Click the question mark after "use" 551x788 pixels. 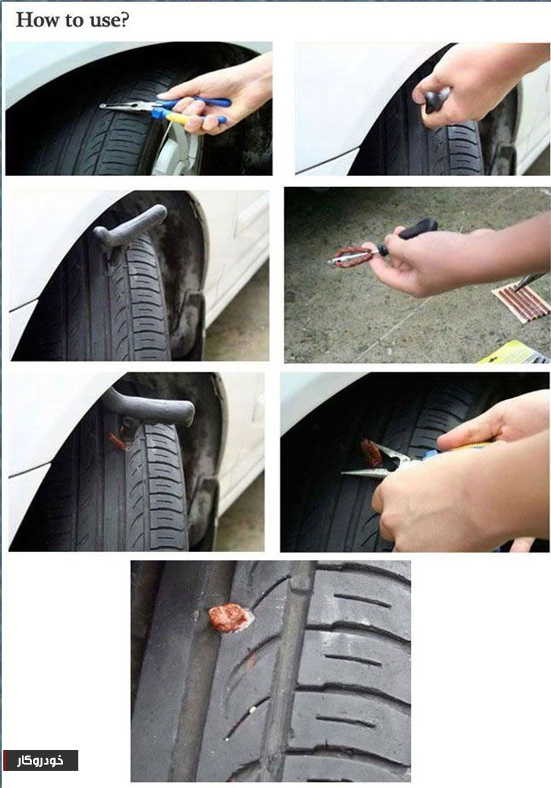[123, 20]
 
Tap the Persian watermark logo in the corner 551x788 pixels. [40, 760]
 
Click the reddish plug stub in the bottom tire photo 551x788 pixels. [229, 617]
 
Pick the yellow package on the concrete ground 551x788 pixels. [513, 353]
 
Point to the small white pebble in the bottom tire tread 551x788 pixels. [252, 710]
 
